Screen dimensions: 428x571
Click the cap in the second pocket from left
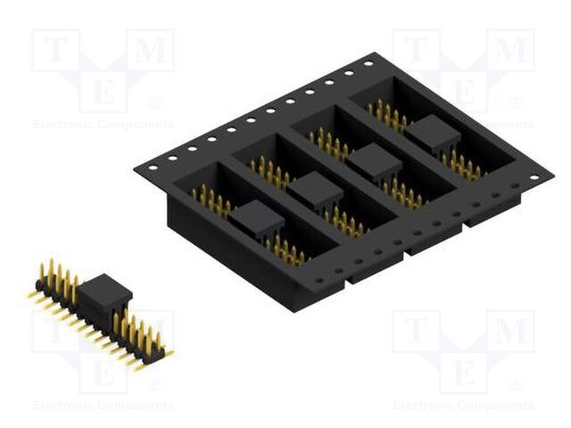(315, 189)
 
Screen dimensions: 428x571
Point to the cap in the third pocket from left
(374, 161)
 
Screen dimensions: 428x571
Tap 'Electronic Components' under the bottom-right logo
(464, 405)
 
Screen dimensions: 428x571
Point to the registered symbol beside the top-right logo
(517, 103)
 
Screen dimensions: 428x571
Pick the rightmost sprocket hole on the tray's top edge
(368, 63)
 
